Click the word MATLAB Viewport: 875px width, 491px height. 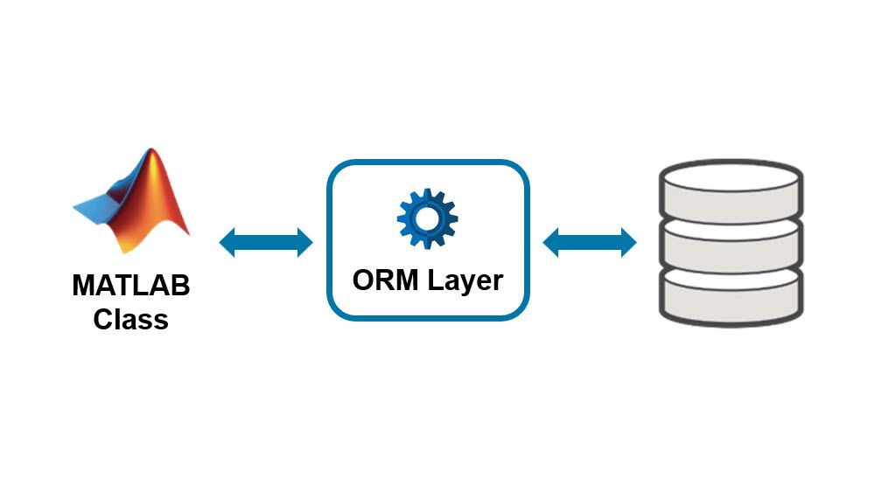click(x=131, y=286)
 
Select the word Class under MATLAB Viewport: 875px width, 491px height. click(x=131, y=318)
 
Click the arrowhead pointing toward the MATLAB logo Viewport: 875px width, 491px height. click(x=228, y=242)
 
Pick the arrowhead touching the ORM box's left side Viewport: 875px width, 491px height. click(x=304, y=242)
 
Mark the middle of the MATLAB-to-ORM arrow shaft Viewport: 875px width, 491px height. click(x=266, y=242)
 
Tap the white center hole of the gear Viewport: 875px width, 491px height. click(x=427, y=216)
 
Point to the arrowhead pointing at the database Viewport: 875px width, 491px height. click(x=627, y=242)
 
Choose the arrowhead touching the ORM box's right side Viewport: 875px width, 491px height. click(x=552, y=242)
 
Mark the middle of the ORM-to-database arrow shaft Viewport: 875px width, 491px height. click(x=590, y=242)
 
